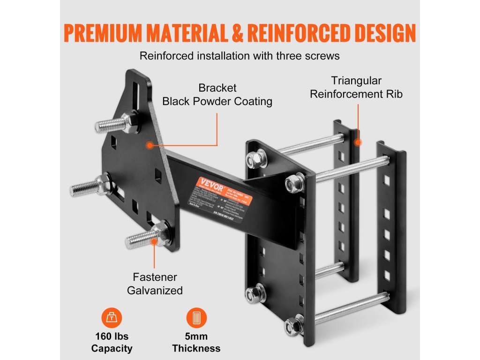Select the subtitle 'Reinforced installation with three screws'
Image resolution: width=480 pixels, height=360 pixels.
(240, 56)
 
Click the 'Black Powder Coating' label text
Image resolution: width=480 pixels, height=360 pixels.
(217, 101)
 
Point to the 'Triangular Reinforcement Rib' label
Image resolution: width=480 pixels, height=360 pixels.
(356, 87)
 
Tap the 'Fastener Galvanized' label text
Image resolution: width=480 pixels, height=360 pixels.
(155, 284)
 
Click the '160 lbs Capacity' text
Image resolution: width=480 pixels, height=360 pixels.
(112, 342)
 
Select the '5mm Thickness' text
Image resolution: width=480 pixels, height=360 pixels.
(196, 342)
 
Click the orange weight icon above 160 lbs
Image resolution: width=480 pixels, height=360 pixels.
(112, 319)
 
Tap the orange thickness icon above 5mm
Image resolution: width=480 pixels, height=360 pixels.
(196, 319)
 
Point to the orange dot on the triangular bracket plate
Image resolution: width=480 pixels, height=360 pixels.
(149, 145)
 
